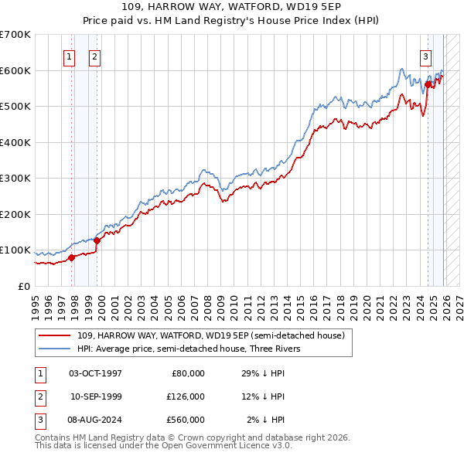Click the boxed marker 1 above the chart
click(70, 56)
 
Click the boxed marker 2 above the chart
click(94, 56)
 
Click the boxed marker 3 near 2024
click(426, 56)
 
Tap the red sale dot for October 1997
click(71, 257)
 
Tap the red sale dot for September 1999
click(97, 240)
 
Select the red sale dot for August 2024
click(428, 84)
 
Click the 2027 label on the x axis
click(459, 303)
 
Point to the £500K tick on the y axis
click(15, 106)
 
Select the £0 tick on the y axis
click(23, 286)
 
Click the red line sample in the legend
click(54, 335)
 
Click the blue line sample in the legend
click(54, 349)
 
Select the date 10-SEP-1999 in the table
click(96, 396)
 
